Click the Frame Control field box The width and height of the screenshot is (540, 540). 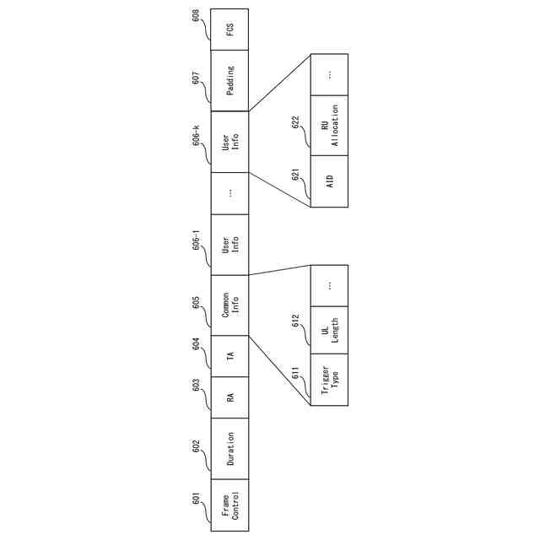230,505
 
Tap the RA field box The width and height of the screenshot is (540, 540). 230,396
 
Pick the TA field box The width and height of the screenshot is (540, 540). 230,354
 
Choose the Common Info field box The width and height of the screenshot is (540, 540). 230,305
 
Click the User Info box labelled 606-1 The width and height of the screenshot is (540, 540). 230,245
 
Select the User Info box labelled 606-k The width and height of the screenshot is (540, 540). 230,142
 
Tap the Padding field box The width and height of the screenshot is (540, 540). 230,80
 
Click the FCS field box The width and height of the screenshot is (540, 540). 230,30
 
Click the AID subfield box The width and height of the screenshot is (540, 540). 329,181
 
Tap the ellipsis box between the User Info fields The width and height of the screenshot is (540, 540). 230,193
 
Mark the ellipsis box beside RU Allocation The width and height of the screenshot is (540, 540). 329,74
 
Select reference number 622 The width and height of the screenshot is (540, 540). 296,122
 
